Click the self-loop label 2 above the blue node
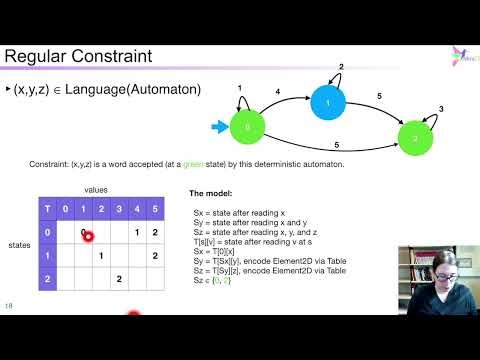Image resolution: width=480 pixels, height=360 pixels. pos(341,67)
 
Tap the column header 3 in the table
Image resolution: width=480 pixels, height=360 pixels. pos(119,209)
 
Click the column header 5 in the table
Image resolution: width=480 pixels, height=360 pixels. pos(155,209)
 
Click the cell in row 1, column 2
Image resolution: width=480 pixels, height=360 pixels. pos(101,255)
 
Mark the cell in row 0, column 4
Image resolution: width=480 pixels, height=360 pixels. pos(137,232)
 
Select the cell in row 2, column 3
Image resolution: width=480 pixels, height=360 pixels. pos(119,278)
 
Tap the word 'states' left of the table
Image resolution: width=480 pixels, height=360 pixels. pos(19,243)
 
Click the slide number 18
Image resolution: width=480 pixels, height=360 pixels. pos(9,305)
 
